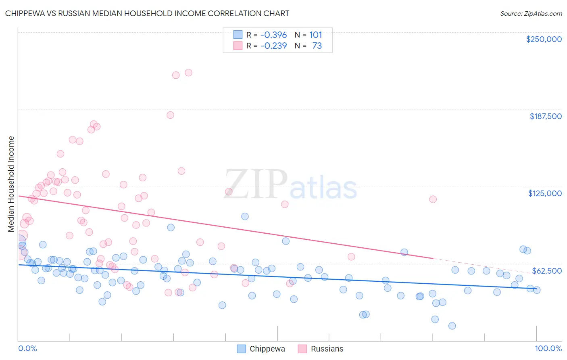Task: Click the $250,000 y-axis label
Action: (544, 39)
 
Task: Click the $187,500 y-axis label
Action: (545, 116)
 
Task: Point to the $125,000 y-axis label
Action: (545, 193)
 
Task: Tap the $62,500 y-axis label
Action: (547, 271)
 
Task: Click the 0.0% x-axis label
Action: (27, 348)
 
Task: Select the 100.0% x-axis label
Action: (548, 348)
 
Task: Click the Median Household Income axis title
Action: (11, 184)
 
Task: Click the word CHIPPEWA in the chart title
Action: (25, 13)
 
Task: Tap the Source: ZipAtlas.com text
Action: (531, 13)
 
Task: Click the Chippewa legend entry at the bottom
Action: (267, 349)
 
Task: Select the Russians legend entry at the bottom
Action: (327, 349)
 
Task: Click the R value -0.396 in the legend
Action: (273, 35)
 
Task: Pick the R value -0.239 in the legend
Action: (273, 46)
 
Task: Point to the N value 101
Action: (316, 35)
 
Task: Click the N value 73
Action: (317, 46)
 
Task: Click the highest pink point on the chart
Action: (188, 73)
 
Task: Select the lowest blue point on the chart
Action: (452, 326)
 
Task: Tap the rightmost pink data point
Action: (433, 199)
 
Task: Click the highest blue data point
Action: (245, 216)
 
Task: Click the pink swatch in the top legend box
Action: (238, 46)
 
